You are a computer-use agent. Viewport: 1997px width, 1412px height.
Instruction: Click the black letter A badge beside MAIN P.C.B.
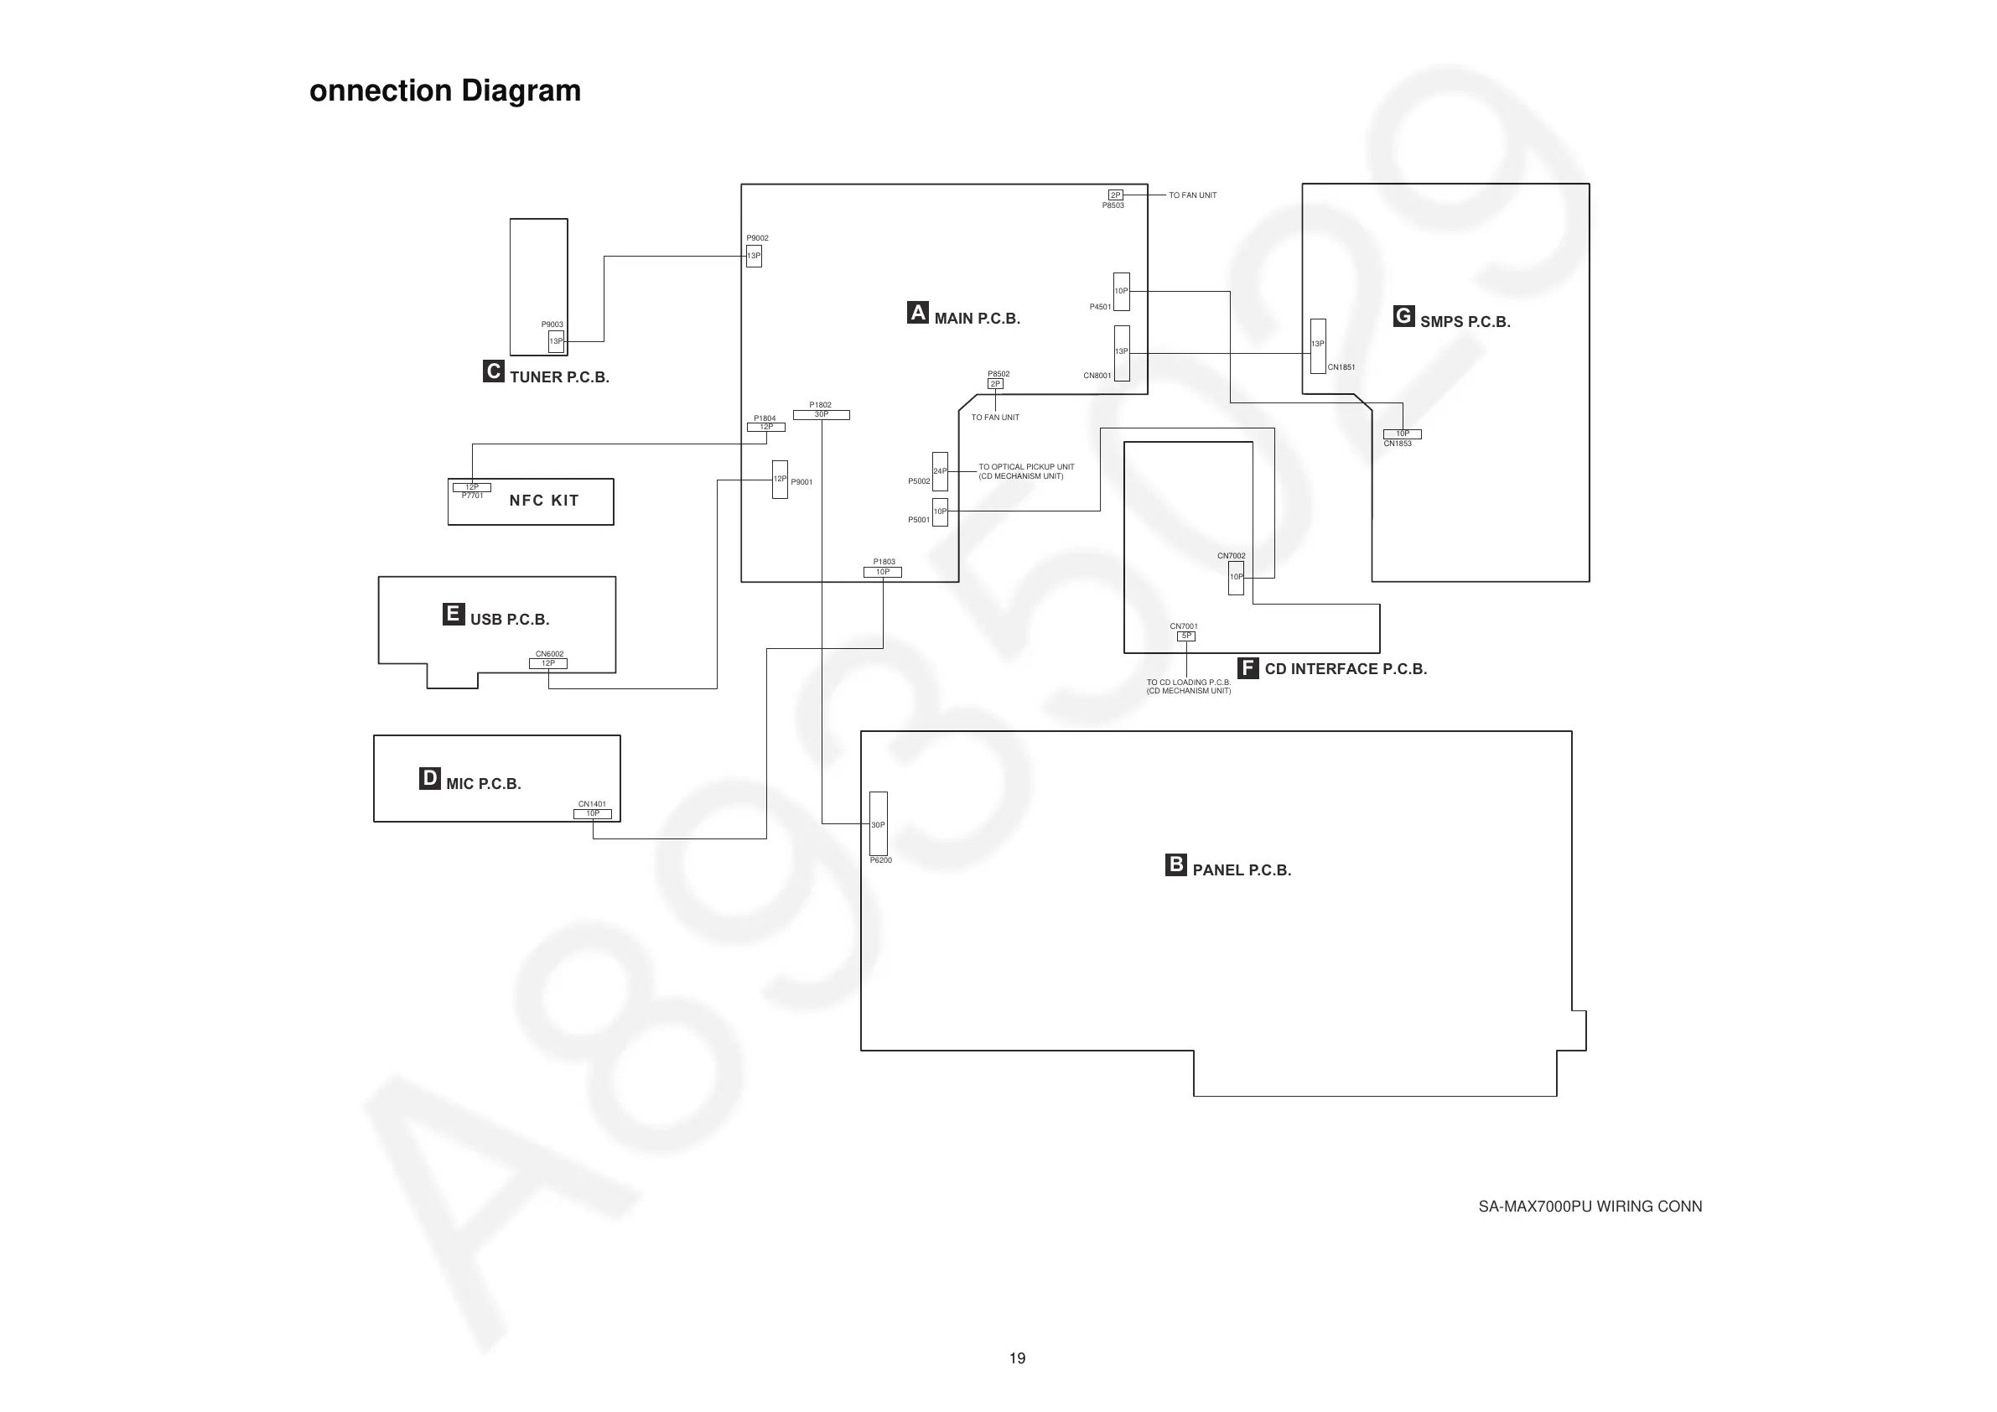(918, 312)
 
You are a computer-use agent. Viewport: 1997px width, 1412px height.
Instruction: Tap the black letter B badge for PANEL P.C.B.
(1175, 864)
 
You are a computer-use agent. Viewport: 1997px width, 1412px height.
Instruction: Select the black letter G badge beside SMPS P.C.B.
(1403, 316)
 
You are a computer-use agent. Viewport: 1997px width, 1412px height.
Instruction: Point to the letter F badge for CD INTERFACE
(1247, 667)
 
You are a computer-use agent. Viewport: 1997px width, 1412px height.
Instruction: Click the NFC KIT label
(543, 501)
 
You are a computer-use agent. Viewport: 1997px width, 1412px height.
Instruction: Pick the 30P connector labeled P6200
(879, 824)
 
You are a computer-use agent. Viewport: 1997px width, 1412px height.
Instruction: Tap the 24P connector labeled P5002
(939, 471)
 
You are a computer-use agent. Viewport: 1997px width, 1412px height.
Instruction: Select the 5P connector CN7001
(1186, 636)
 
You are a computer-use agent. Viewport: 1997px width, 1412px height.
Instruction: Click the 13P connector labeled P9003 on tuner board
(556, 341)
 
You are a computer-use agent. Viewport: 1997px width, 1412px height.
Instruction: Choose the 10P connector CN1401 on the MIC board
(593, 814)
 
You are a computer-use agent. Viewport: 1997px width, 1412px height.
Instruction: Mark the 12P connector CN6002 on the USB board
(548, 664)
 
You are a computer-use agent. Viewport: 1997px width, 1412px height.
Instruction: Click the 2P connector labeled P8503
(1115, 195)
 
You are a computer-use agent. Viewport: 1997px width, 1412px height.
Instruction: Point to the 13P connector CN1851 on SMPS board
(1318, 345)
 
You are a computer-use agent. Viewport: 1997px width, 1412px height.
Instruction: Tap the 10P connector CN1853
(1402, 433)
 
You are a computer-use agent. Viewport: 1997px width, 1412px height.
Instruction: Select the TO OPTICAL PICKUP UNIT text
(1025, 467)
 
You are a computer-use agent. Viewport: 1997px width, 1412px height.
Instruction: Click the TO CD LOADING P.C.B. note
(1188, 683)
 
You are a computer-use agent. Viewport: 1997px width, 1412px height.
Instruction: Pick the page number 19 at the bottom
(1017, 1358)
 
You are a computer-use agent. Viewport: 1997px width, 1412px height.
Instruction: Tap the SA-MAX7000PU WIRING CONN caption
(1590, 1207)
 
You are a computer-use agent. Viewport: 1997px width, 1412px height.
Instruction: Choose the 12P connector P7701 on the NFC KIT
(471, 487)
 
